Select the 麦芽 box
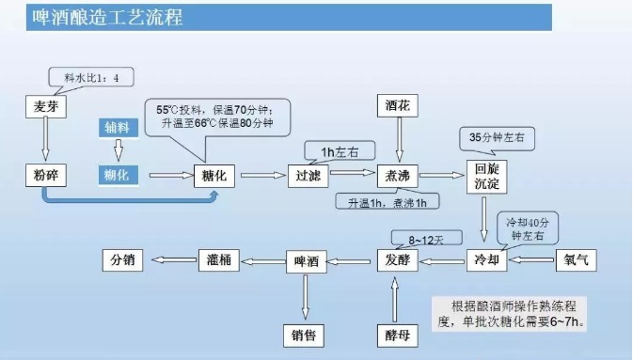(46, 107)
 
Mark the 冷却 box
(485, 258)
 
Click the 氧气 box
(576, 258)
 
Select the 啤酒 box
(305, 258)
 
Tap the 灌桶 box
(214, 258)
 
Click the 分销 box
(122, 258)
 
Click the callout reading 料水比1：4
(90, 77)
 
